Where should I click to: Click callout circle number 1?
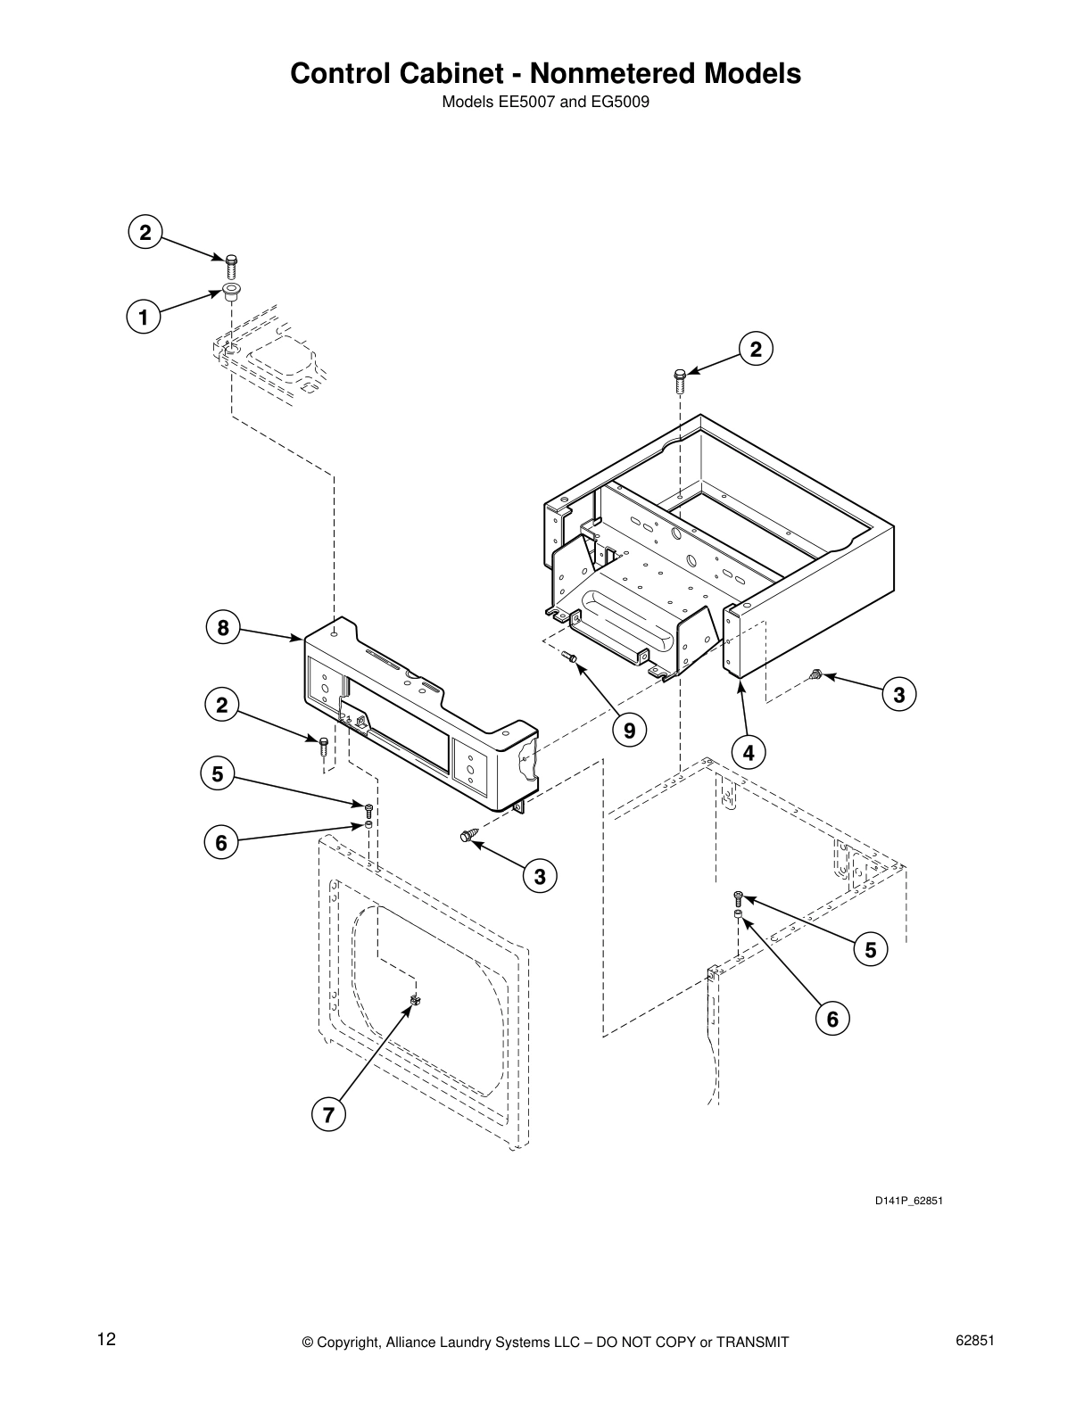coord(143,318)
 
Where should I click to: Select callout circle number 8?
coord(223,628)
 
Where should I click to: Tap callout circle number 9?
coord(629,731)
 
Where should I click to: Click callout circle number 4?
coord(748,753)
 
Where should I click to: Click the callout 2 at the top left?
coord(145,233)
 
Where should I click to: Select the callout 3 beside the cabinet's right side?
coord(898,694)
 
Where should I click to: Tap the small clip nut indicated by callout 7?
coord(414,1001)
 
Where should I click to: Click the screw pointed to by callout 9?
coord(572,657)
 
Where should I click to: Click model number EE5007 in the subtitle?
coord(525,102)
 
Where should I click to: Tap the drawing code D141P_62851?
coord(907,1201)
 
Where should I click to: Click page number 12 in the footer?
coord(106,1340)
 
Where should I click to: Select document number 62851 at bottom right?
coord(975,1340)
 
